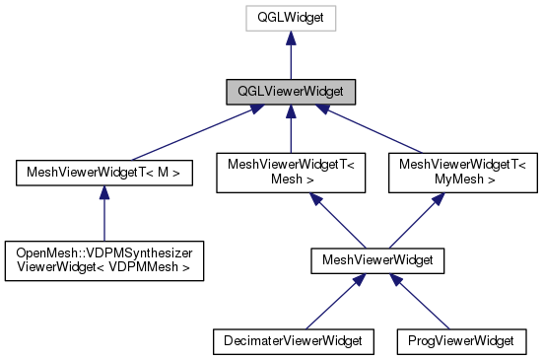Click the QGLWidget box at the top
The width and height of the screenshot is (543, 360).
tap(290, 17)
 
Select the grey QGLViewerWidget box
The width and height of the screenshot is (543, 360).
tap(290, 93)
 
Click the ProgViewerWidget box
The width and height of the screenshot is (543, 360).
tap(462, 341)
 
